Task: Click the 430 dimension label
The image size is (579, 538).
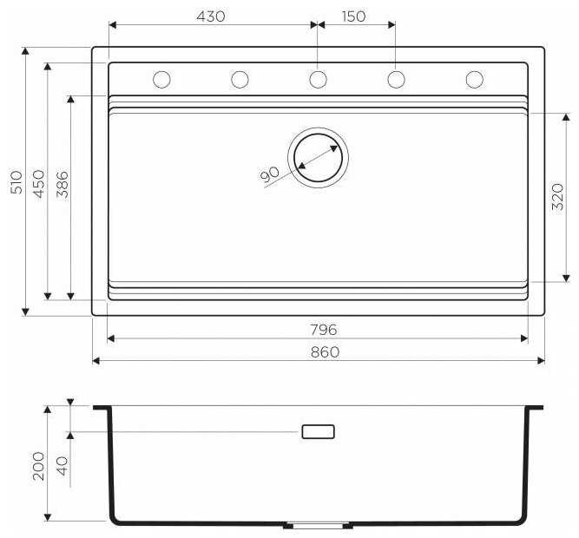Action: (210, 16)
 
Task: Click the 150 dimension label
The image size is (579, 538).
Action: (354, 16)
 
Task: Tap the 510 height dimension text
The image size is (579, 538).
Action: (17, 182)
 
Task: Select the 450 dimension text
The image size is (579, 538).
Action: (39, 184)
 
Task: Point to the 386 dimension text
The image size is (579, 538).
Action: (63, 185)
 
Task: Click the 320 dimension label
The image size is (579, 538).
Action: (557, 197)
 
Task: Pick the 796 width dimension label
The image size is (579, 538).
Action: (324, 330)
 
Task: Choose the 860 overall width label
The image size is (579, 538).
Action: (325, 352)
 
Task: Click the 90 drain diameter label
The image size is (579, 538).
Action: (270, 174)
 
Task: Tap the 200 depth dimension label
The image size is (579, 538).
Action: (38, 466)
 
